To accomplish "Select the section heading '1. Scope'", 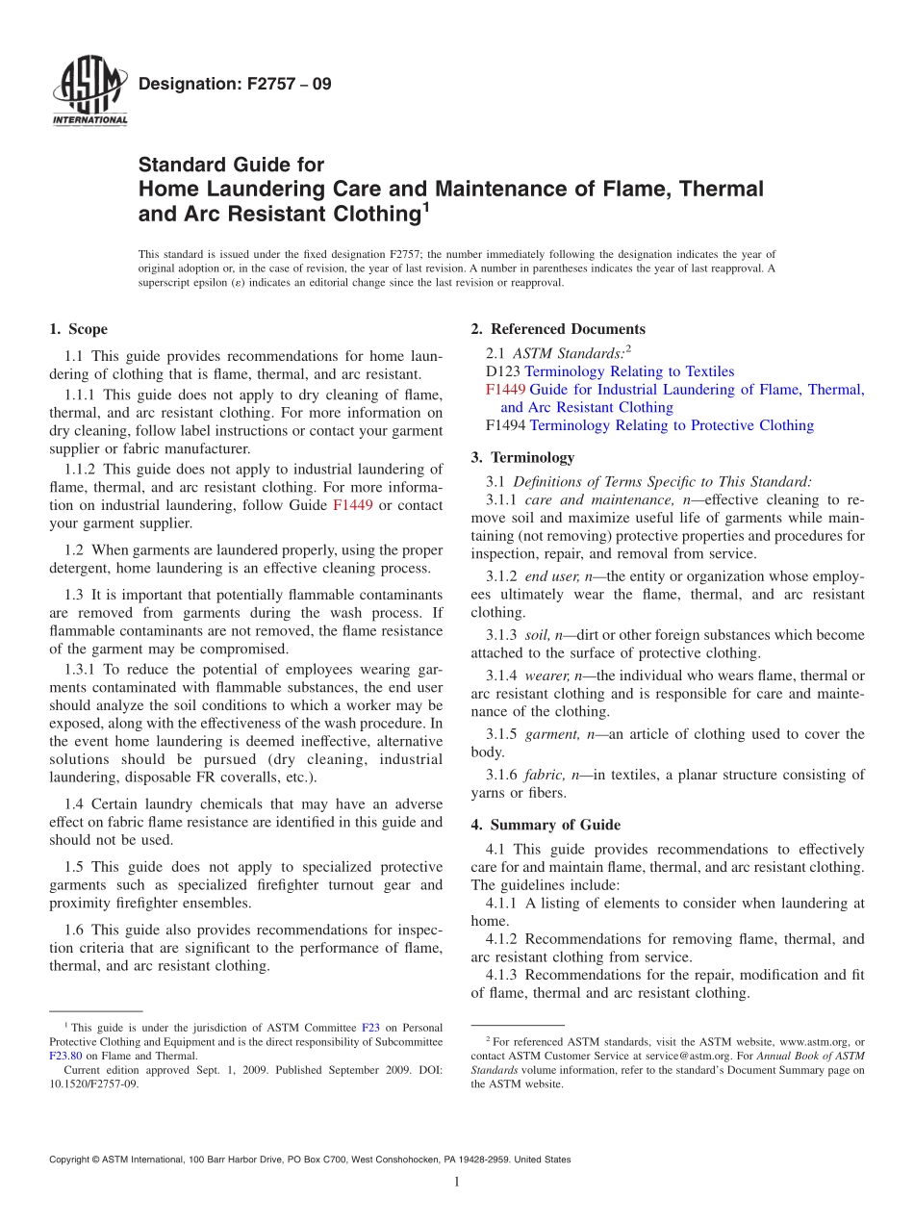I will click(78, 329).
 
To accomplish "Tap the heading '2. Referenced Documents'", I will click(557, 329).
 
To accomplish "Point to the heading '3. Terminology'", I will click(522, 457).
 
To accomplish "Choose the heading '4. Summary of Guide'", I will click(545, 825).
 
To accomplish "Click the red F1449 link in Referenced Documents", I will click(505, 390).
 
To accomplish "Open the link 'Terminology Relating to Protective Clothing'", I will click(671, 425).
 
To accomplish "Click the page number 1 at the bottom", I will click(457, 1183).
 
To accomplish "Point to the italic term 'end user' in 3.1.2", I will click(552, 576).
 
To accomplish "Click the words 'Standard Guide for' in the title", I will click(231, 165).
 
